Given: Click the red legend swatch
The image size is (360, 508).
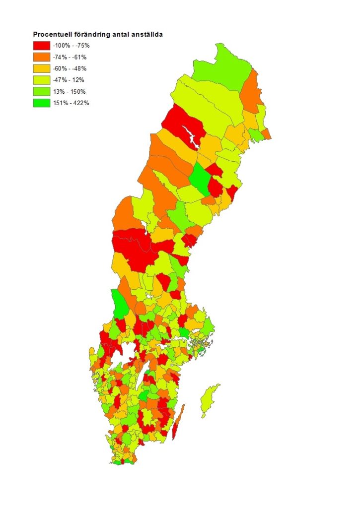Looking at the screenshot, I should (42, 46).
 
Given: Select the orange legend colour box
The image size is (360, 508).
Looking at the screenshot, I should (42, 57).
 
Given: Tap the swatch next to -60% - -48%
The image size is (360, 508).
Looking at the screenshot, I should (42, 68).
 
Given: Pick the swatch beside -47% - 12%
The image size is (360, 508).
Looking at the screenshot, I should (42, 80).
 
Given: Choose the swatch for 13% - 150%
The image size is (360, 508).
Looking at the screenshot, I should (42, 91).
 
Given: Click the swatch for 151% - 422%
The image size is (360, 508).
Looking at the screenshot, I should (42, 103).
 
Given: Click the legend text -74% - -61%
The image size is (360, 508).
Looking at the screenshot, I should (72, 57).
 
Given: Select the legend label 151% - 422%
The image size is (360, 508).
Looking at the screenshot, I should (72, 103).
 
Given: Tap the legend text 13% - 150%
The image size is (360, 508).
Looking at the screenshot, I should (71, 91).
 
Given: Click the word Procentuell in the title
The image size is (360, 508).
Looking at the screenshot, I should (51, 35).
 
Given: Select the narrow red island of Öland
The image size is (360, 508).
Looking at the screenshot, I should (178, 422).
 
